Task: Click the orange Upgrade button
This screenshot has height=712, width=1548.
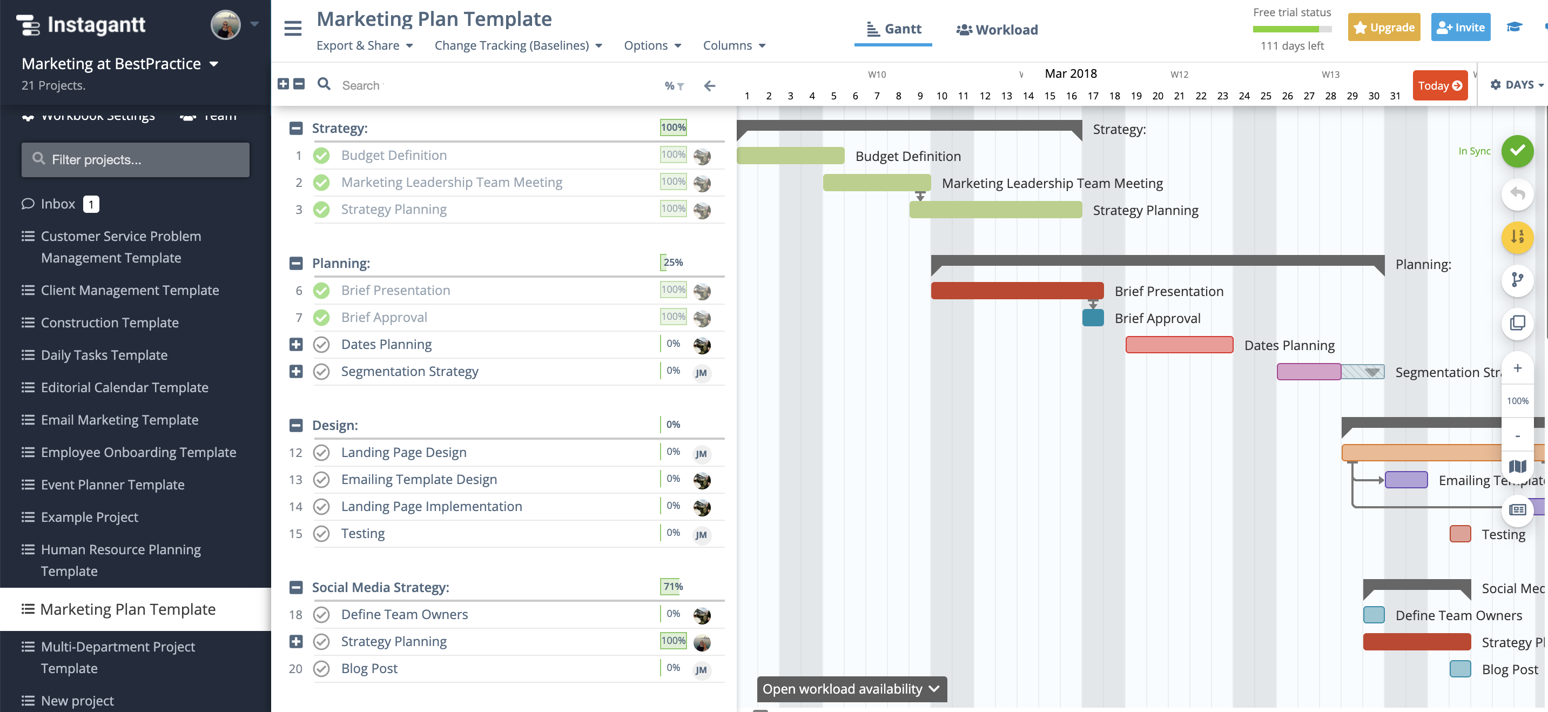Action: point(1383,28)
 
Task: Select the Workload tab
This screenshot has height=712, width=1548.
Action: point(998,29)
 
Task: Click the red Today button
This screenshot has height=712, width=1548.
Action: point(1439,85)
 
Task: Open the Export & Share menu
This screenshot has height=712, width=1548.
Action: point(364,46)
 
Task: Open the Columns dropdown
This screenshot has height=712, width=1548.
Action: point(733,46)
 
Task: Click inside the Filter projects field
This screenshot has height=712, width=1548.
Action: point(136,160)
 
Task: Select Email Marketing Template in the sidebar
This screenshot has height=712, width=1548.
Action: point(119,420)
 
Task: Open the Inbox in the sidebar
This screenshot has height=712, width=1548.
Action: point(58,204)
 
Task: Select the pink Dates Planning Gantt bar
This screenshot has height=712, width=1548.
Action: point(1179,345)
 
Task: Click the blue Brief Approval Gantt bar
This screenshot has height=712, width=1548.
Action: point(1093,318)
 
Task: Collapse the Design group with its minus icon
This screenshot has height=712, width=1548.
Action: point(295,425)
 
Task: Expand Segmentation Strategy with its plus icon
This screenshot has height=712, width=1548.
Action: point(295,371)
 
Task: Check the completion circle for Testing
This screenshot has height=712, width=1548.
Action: point(321,534)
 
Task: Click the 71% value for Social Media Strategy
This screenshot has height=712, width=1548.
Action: point(672,587)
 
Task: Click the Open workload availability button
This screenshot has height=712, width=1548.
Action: point(851,689)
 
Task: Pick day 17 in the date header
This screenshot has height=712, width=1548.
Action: point(1093,96)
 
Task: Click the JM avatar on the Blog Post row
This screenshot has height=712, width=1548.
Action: point(701,669)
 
